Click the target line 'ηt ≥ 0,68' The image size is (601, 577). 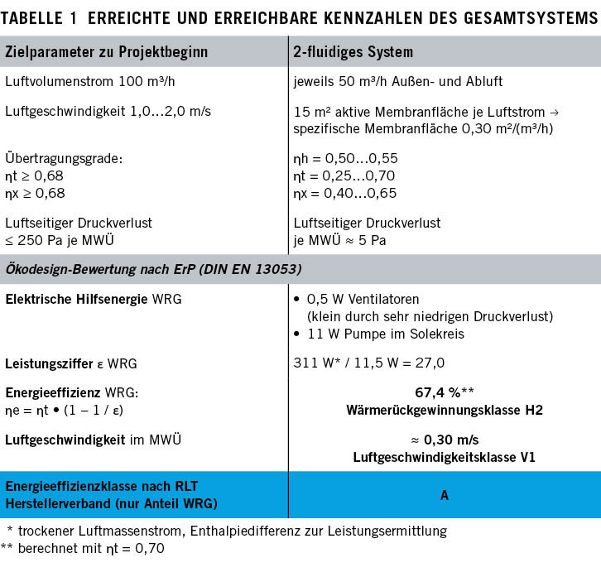click(x=34, y=176)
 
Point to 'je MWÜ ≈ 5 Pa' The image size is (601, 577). click(x=339, y=240)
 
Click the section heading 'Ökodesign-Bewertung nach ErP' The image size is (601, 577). click(x=153, y=269)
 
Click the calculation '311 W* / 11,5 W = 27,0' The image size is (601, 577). click(x=369, y=363)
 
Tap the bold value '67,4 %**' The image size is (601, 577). click(x=443, y=392)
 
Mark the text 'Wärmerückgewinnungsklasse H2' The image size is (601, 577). click(x=443, y=409)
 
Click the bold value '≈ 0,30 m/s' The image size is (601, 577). click(x=443, y=438)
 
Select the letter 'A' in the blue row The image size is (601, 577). click(x=444, y=495)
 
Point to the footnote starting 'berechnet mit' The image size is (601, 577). click(x=96, y=547)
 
